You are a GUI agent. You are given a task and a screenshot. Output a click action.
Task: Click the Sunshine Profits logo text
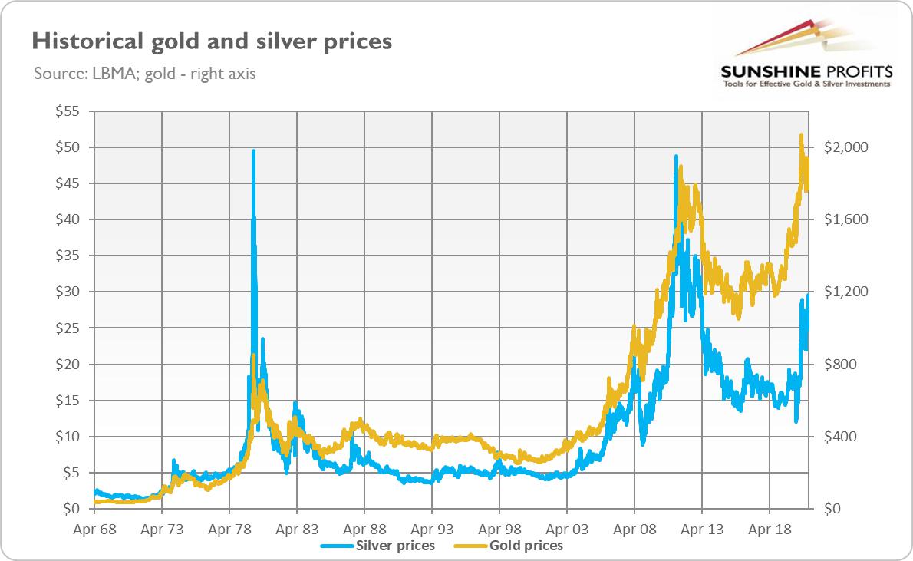[805, 72]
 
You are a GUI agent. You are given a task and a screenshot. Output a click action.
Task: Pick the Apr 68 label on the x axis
[94, 529]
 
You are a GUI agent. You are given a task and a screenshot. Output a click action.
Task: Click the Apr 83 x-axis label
[296, 529]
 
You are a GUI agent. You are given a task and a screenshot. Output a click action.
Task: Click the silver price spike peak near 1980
[253, 151]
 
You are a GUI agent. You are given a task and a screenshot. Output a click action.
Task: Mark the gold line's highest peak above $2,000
[801, 135]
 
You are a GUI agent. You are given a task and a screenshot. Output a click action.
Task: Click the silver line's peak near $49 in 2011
[676, 157]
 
